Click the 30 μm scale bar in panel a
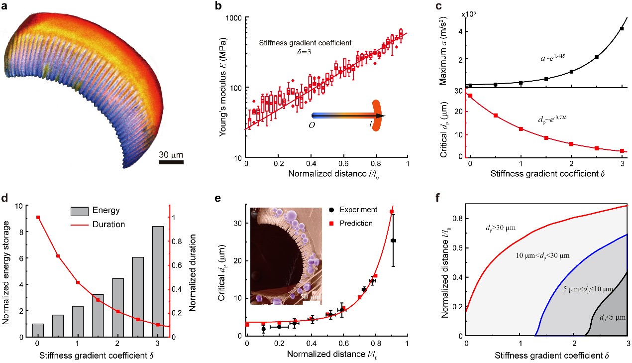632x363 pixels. point(172,161)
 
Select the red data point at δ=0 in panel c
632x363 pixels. point(470,96)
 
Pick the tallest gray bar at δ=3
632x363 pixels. point(158,281)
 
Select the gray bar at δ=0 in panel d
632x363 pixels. point(38,330)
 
